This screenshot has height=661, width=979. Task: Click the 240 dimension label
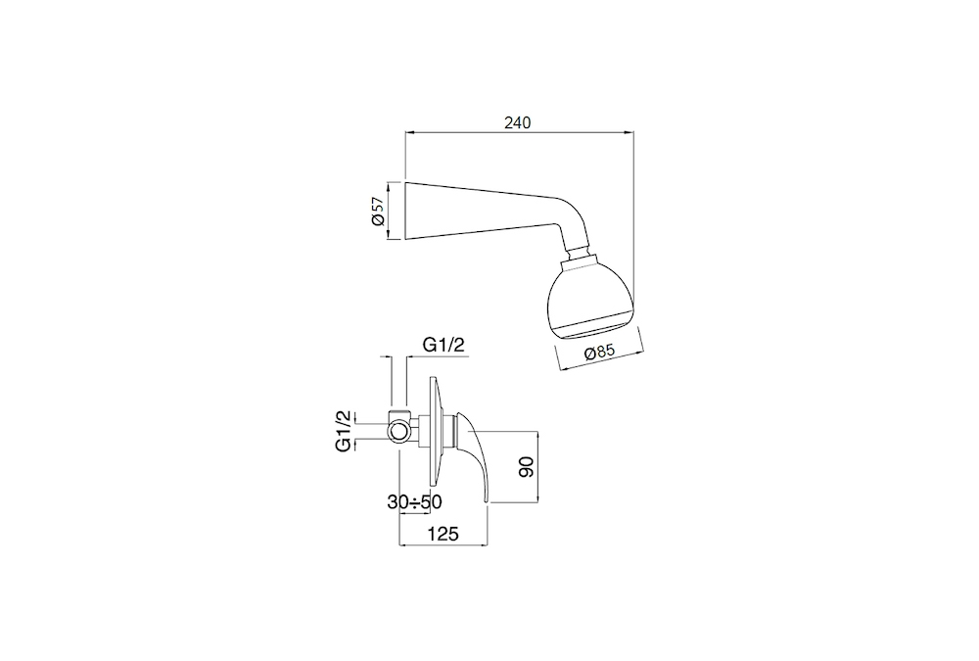518,122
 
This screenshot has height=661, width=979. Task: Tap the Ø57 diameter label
376,212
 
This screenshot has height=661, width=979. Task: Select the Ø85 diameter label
599,353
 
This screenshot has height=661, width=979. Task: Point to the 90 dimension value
526,467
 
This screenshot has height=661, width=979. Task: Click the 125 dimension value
443,534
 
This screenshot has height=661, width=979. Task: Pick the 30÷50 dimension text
414,501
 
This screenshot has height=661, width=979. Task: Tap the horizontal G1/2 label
443,345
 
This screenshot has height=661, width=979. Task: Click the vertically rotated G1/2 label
344,431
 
